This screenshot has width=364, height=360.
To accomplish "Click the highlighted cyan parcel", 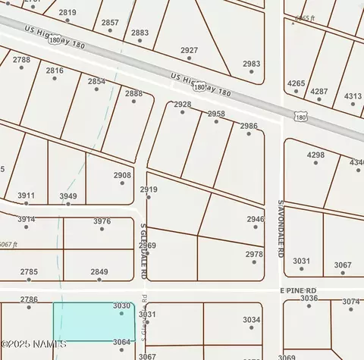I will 93,321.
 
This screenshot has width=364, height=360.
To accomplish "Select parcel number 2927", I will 190,50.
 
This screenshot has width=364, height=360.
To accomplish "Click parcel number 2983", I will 251,64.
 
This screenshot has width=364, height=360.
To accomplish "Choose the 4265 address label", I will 296,83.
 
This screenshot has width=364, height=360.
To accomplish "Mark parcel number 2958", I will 216,114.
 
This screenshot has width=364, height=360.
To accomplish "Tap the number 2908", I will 122,175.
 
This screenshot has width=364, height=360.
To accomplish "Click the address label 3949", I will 68,196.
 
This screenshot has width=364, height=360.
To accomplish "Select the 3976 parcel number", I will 102,221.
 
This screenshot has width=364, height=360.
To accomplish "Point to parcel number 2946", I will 256,219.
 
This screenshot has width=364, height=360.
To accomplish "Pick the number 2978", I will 254,255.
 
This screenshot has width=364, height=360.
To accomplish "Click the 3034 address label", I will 252,320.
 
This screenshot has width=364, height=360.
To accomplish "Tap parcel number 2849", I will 99,271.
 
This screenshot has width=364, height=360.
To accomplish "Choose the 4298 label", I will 315,155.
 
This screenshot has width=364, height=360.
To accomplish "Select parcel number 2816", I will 55,70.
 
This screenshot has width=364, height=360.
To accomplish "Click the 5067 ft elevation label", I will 8,245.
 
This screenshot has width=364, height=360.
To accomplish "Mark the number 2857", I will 110,23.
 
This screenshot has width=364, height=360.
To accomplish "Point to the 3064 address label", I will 121,342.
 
